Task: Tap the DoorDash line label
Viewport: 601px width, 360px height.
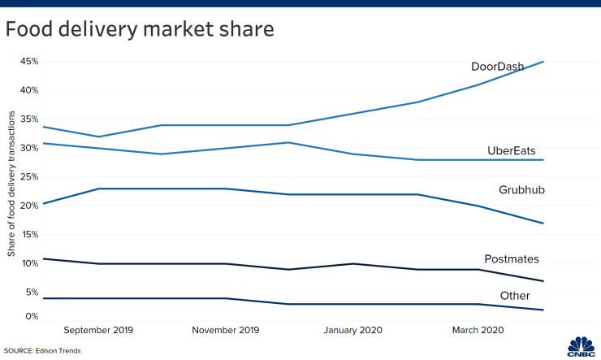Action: [x=497, y=66]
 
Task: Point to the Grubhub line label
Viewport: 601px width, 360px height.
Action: [x=521, y=189]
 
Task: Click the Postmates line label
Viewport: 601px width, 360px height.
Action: [x=512, y=259]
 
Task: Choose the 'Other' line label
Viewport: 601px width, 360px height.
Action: [x=515, y=296]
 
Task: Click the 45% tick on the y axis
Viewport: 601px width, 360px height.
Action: [x=29, y=61]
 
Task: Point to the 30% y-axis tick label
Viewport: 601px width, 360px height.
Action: [x=29, y=148]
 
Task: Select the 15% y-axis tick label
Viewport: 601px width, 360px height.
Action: [x=29, y=235]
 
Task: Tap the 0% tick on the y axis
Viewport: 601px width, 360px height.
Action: [x=32, y=316]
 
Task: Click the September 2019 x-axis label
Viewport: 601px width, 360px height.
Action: [x=97, y=331]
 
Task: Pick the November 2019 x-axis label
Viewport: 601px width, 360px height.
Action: [x=226, y=331]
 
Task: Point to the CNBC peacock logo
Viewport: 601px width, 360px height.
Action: [x=575, y=345]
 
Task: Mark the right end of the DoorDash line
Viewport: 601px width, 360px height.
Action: [x=543, y=62]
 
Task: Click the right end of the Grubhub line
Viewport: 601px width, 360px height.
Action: [x=543, y=223]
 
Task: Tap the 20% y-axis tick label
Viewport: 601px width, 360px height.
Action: [x=29, y=206]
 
